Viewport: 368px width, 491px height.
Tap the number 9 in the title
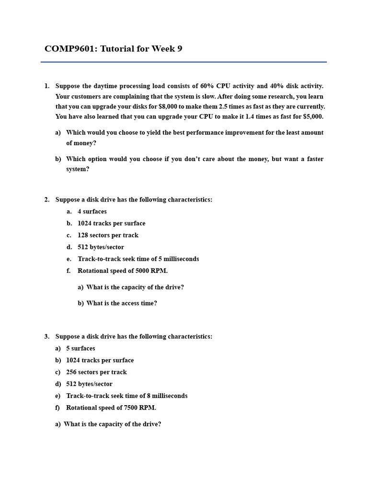pyautogui.click(x=180, y=48)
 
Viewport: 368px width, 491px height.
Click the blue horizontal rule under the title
pyautogui.click(x=184, y=62)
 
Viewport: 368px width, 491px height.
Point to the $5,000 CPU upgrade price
pyautogui.click(x=313, y=117)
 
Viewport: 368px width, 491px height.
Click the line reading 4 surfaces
pyautogui.click(x=92, y=211)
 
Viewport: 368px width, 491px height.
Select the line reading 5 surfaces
pyautogui.click(x=80, y=349)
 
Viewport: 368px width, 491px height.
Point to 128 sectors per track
pyautogui.click(x=108, y=235)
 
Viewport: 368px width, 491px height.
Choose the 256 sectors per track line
pyautogui.click(x=96, y=372)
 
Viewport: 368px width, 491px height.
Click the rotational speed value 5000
pyautogui.click(x=143, y=271)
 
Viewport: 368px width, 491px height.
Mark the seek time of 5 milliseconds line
pyautogui.click(x=138, y=259)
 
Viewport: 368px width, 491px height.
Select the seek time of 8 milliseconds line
pyautogui.click(x=126, y=396)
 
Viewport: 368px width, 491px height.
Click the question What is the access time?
pyautogui.click(x=122, y=304)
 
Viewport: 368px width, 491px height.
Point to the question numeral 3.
pyautogui.click(x=46, y=337)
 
